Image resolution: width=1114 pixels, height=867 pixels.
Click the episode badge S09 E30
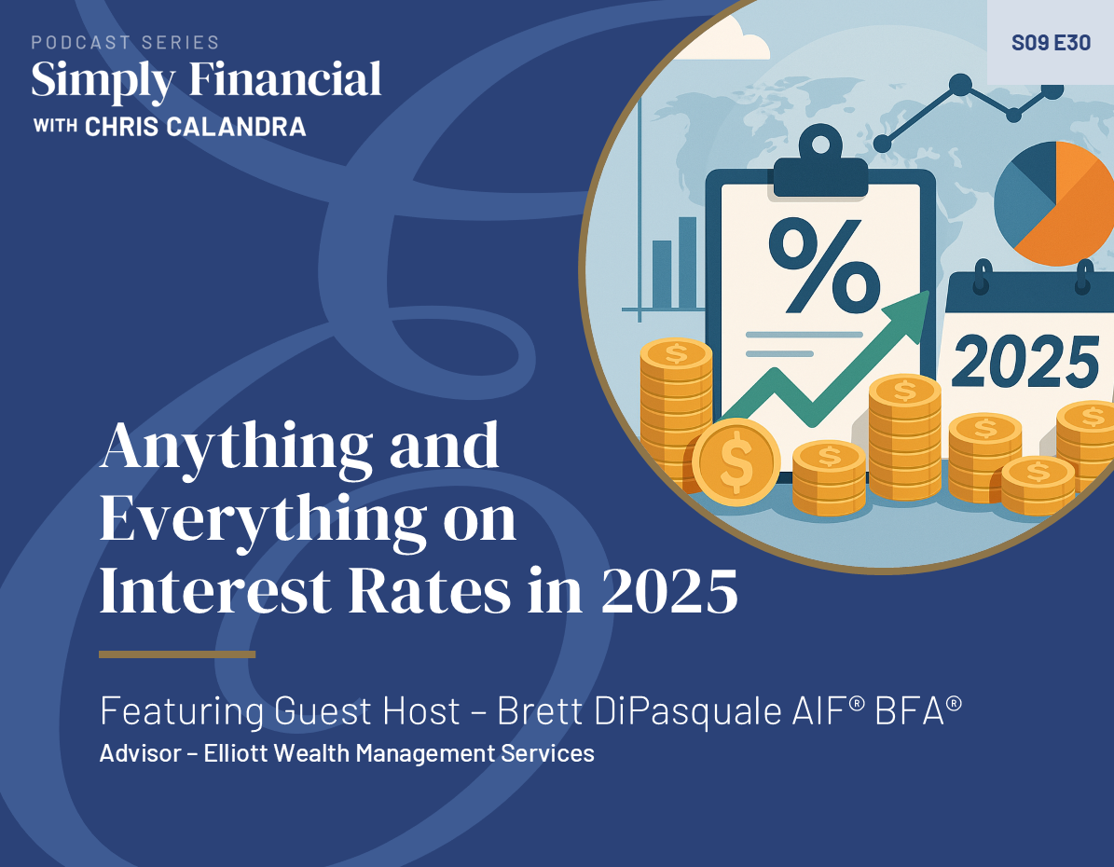(x=1051, y=43)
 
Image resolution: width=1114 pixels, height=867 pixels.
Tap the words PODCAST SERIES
(x=126, y=42)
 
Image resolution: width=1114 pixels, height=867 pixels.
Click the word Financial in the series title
(x=285, y=80)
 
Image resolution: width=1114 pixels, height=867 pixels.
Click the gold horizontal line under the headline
(x=177, y=654)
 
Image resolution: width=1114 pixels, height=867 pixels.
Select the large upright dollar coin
(x=736, y=461)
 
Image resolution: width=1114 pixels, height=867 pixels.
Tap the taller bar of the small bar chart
(x=687, y=262)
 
